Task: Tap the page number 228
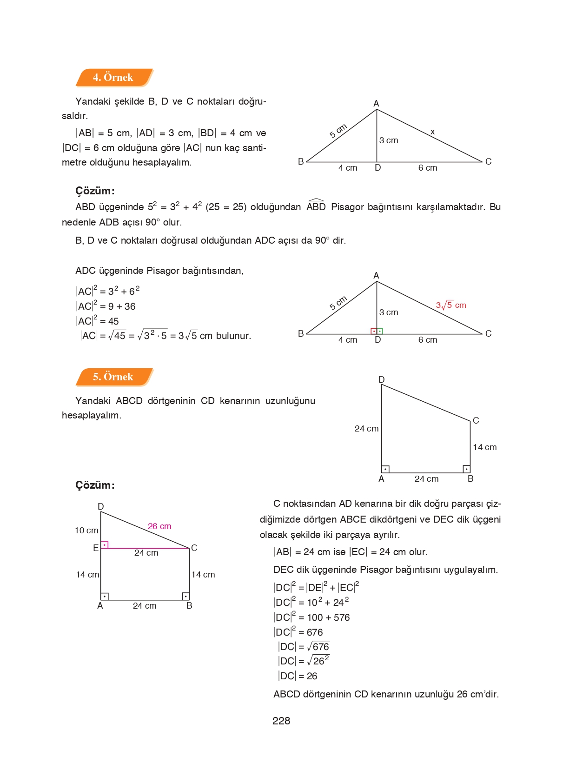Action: pyautogui.click(x=281, y=721)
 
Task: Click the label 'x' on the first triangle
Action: pyautogui.click(x=432, y=132)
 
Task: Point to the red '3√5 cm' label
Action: pyautogui.click(x=451, y=305)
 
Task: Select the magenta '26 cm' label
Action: pyautogui.click(x=159, y=526)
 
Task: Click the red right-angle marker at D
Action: pyautogui.click(x=374, y=331)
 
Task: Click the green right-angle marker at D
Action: pyautogui.click(x=380, y=331)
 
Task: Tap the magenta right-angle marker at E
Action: pyautogui.click(x=105, y=545)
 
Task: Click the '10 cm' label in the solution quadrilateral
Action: pyautogui.click(x=86, y=531)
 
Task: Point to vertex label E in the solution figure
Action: pyautogui.click(x=96, y=548)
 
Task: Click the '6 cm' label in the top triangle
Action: pyautogui.click(x=428, y=168)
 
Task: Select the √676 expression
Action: pyautogui.click(x=318, y=647)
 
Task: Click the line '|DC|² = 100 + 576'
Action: pyautogui.click(x=311, y=617)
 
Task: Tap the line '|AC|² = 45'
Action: pyautogui.click(x=97, y=321)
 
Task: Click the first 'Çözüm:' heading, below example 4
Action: pyautogui.click(x=95, y=191)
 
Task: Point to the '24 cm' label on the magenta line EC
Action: pyautogui.click(x=146, y=553)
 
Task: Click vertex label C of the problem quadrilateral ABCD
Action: pyautogui.click(x=476, y=421)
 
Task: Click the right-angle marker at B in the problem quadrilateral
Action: pyautogui.click(x=466, y=469)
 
